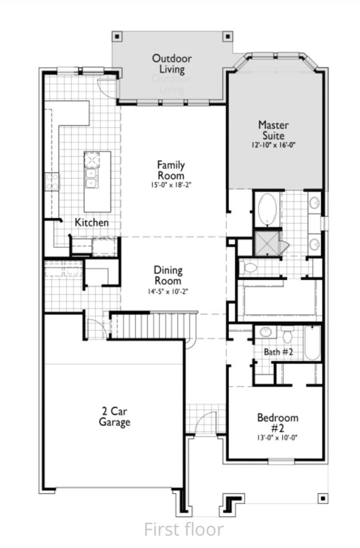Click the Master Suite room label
click(x=274, y=130)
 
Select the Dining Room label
click(x=168, y=275)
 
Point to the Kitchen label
click(x=92, y=222)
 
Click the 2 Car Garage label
click(x=115, y=417)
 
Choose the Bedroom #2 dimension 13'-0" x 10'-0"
click(x=277, y=437)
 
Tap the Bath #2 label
click(x=278, y=352)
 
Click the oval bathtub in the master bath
click(x=268, y=209)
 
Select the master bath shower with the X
click(x=267, y=243)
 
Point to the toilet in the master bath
click(x=248, y=268)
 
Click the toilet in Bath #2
click(x=287, y=335)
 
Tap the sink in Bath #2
click(x=266, y=332)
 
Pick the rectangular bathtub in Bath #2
click(x=312, y=343)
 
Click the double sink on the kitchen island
click(x=91, y=177)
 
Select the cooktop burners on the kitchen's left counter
click(x=52, y=182)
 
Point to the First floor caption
click(x=184, y=529)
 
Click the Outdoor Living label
click(x=172, y=64)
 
